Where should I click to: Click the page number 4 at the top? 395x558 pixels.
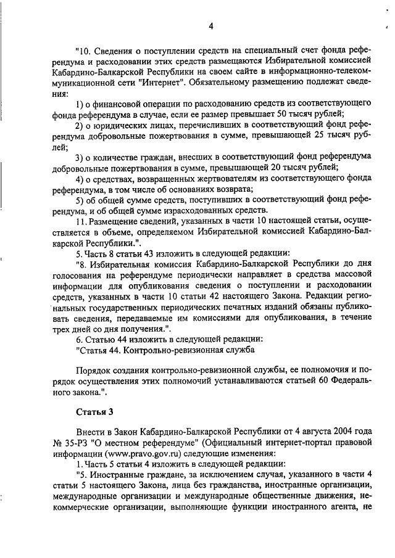(210, 26)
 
